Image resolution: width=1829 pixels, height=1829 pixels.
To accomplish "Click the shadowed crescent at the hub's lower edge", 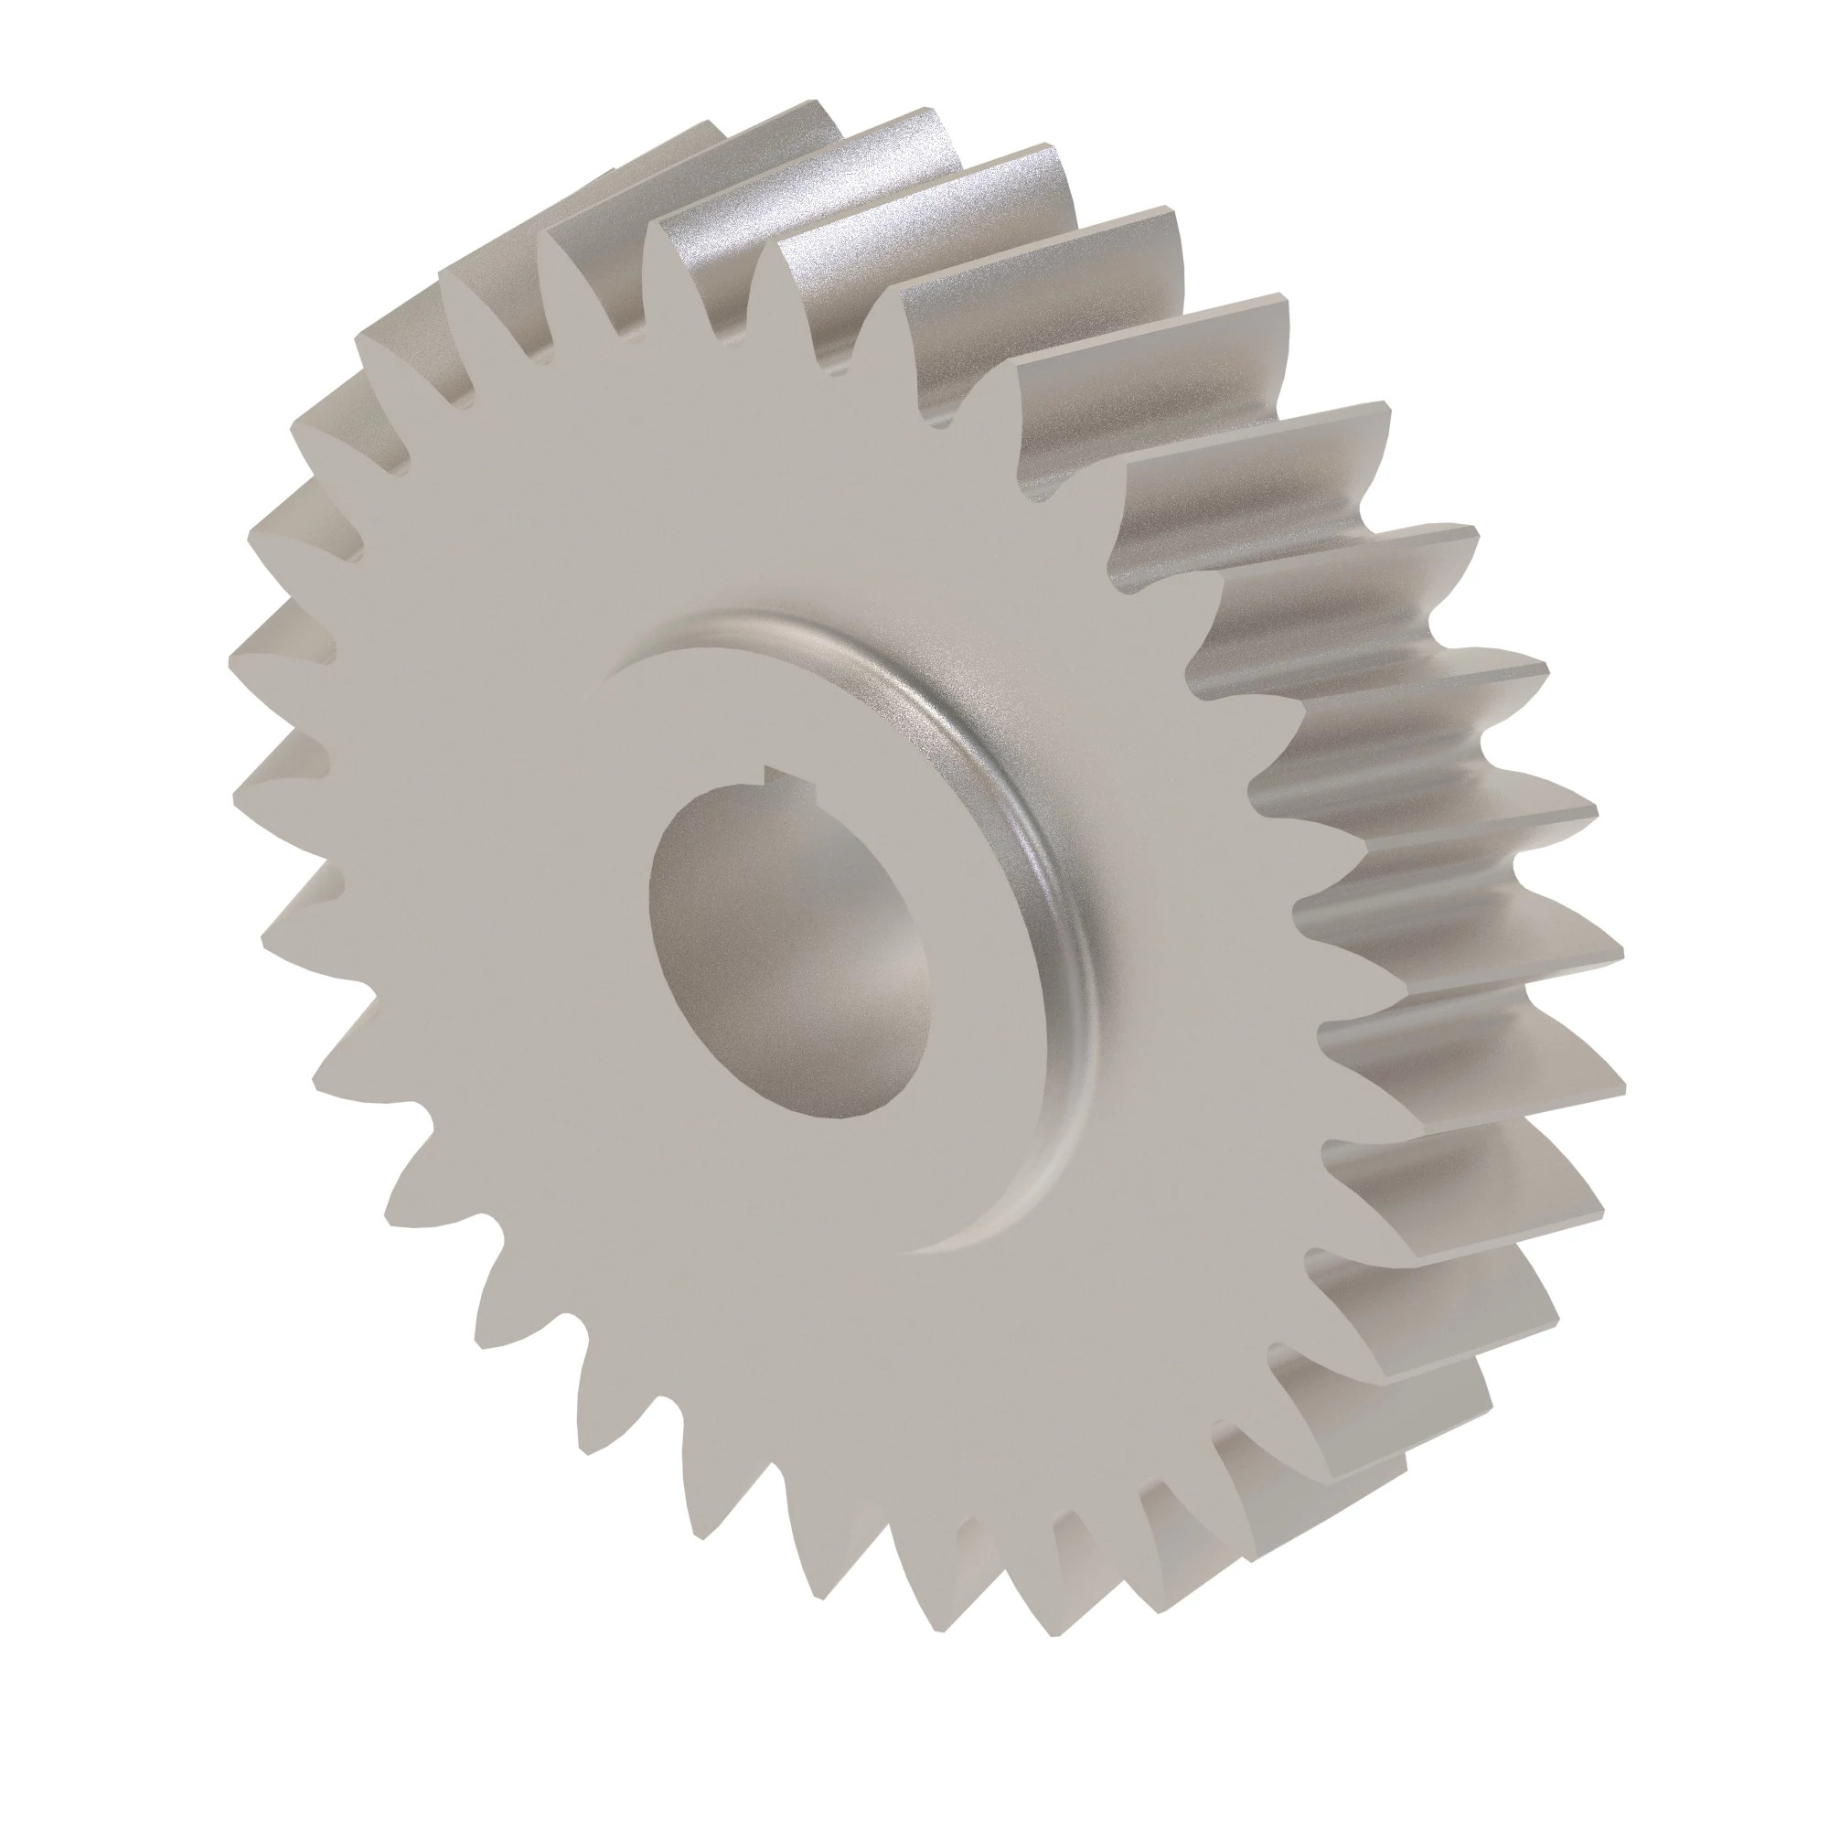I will pyautogui.click(x=994, y=1231).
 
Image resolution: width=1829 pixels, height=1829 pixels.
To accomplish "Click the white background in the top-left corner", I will pyautogui.click(x=95, y=95).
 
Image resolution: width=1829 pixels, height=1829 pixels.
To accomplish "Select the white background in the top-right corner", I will pyautogui.click(x=1732, y=95).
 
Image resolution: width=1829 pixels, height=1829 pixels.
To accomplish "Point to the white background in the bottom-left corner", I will pyautogui.click(x=95, y=1732).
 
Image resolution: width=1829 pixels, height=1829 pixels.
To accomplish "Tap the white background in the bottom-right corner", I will pyautogui.click(x=1732, y=1732).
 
